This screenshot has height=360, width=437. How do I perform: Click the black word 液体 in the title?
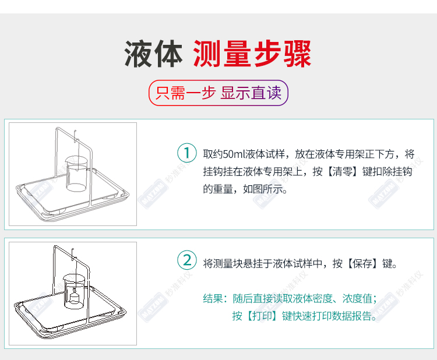point(153,54)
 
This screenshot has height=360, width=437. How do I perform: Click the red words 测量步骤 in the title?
point(252,54)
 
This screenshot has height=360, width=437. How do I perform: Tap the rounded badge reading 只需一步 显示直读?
point(218,93)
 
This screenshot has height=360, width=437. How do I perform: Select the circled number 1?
point(187,153)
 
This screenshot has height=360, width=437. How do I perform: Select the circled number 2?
point(187,260)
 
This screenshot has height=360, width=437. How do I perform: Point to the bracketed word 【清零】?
point(343,172)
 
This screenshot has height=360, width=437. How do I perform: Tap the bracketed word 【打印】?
point(263,316)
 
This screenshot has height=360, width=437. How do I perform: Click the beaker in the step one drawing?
point(76,174)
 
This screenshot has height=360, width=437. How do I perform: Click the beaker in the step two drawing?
point(74,291)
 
